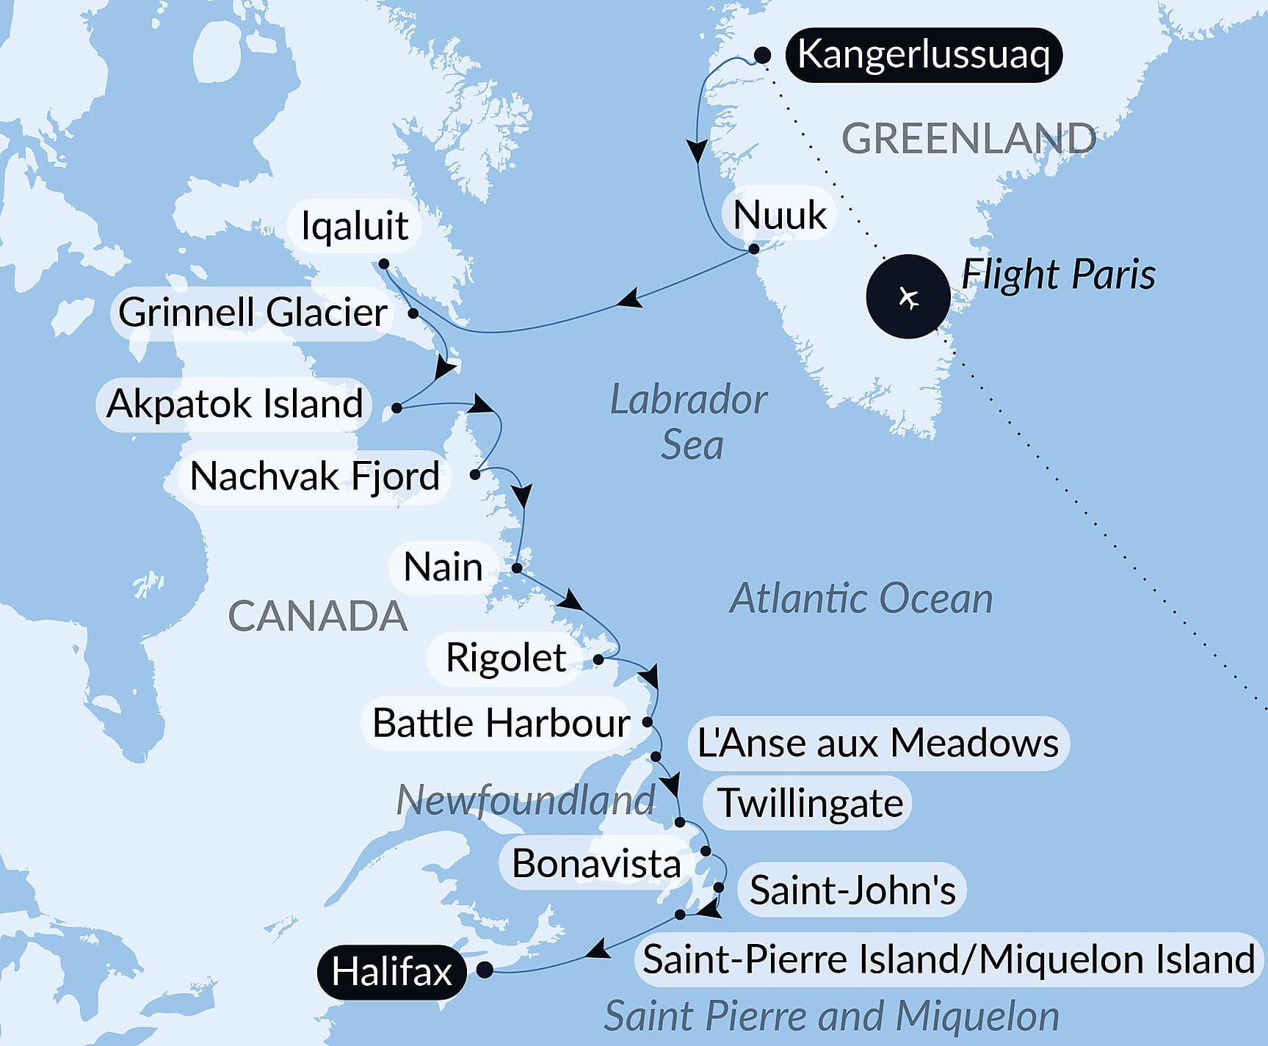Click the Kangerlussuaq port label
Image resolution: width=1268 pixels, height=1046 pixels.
923,55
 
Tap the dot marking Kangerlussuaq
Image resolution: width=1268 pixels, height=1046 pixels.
763,56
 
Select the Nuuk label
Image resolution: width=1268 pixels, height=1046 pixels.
780,215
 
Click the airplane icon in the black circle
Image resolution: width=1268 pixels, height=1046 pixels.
909,297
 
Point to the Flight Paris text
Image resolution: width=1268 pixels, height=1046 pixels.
1058,275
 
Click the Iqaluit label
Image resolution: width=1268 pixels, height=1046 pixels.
355,225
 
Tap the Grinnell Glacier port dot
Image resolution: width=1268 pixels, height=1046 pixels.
413,313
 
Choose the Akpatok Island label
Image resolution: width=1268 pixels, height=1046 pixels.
234,404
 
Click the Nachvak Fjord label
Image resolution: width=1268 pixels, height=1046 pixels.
314,476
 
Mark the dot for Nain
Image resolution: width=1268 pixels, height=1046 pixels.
517,568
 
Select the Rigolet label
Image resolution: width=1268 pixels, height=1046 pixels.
505,658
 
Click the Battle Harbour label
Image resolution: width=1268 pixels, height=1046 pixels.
501,723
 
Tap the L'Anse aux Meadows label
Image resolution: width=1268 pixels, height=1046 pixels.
877,743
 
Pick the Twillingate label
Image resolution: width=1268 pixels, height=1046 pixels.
809,803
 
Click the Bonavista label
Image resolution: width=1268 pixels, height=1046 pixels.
596,863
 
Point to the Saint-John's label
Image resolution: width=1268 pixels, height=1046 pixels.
852,890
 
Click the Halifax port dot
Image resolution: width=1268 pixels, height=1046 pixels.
485,970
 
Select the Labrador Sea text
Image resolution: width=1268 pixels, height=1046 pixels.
689,422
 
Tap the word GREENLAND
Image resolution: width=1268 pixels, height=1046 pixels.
968,139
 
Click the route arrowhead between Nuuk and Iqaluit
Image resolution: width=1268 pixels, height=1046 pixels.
630,299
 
